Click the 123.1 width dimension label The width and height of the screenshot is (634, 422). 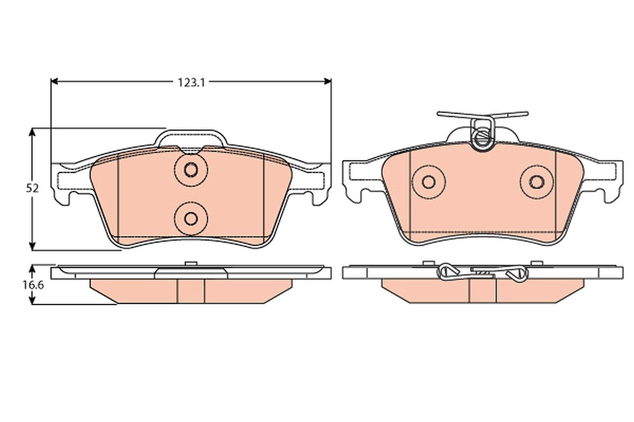pyautogui.click(x=191, y=82)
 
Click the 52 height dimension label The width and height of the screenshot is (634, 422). pyautogui.click(x=32, y=188)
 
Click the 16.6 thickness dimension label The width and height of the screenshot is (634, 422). pyautogui.click(x=33, y=285)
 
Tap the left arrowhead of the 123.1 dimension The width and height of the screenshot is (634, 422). pyautogui.click(x=54, y=81)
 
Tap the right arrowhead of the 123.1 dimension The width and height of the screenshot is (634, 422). pyautogui.click(x=328, y=81)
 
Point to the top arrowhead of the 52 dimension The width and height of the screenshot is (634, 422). pyautogui.click(x=32, y=132)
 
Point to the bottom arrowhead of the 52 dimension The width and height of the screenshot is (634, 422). pyautogui.click(x=32, y=246)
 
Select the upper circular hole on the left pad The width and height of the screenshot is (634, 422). pyautogui.click(x=191, y=170)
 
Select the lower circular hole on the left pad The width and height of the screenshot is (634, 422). pyautogui.click(x=191, y=218)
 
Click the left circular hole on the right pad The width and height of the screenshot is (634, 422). pyautogui.click(x=428, y=182)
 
